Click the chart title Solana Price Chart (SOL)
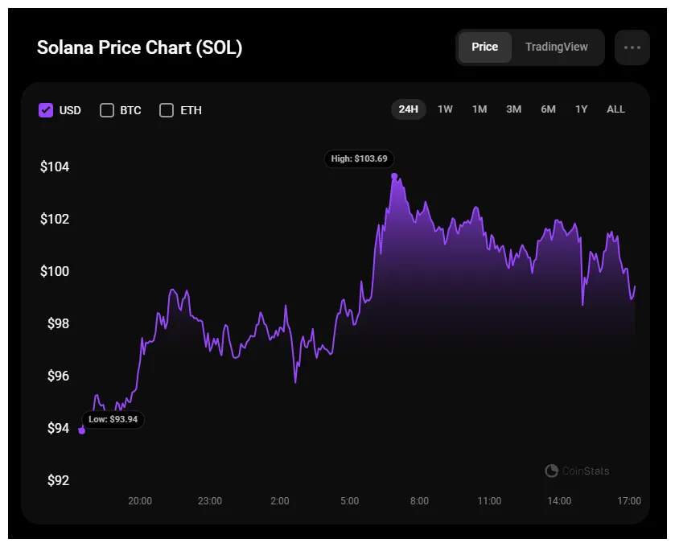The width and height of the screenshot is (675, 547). click(x=139, y=47)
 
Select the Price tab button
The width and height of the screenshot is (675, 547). click(x=484, y=47)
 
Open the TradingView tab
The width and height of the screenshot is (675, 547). click(x=557, y=47)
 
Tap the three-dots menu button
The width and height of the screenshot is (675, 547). click(x=632, y=47)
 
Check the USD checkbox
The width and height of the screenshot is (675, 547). click(x=46, y=110)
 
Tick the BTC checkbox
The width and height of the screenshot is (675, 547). click(x=107, y=110)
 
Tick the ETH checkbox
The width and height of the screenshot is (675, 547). click(x=167, y=110)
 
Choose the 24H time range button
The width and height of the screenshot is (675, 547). click(x=409, y=109)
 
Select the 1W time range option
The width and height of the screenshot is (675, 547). click(x=445, y=109)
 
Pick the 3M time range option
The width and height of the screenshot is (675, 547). click(x=513, y=109)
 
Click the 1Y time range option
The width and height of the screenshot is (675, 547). click(x=581, y=109)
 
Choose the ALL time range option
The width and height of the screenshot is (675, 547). click(x=615, y=109)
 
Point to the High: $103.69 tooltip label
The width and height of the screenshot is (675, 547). click(x=360, y=158)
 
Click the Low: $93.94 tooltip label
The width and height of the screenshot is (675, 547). click(x=113, y=419)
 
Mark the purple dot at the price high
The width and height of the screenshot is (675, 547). click(x=394, y=175)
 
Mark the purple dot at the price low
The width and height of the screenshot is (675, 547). click(x=82, y=430)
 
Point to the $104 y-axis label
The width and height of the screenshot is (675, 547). click(x=55, y=167)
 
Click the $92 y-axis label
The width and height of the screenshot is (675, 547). click(x=57, y=481)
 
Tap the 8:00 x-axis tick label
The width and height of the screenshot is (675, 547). click(x=419, y=501)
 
